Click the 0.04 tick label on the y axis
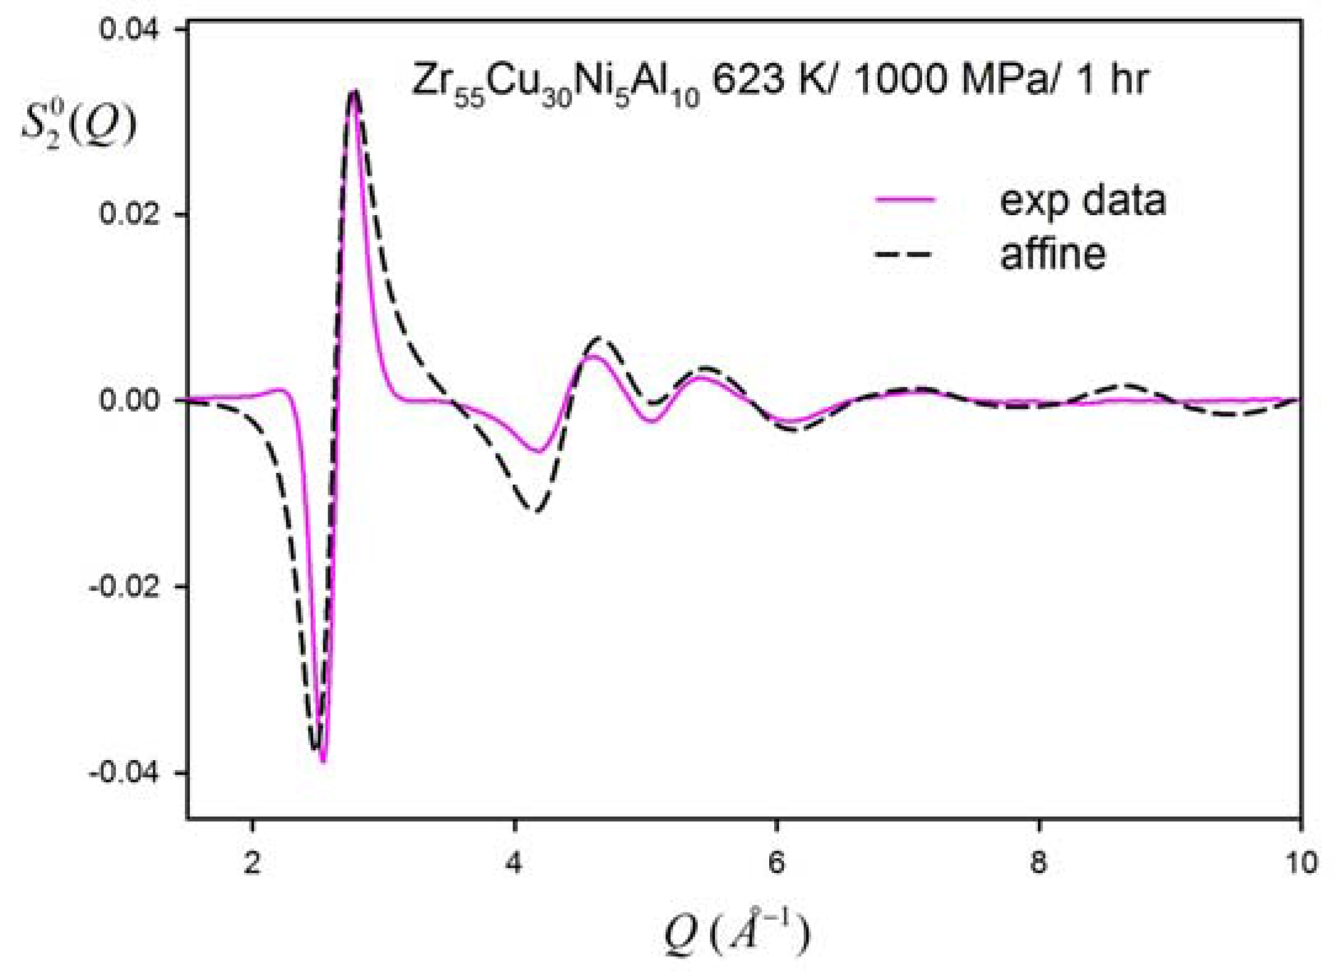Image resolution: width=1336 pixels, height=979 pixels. [129, 29]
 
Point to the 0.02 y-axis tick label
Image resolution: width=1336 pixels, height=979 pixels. [129, 215]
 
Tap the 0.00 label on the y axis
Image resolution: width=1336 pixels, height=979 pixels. [129, 400]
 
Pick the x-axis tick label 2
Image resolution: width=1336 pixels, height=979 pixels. [252, 862]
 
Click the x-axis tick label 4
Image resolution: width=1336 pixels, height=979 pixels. [514, 862]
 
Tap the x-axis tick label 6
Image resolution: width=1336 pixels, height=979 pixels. [777, 862]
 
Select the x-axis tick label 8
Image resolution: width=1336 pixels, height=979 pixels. [1039, 862]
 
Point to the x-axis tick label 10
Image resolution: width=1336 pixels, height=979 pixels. [1300, 862]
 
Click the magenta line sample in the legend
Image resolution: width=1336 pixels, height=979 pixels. [905, 199]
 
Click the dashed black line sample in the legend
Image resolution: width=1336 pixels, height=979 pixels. [905, 253]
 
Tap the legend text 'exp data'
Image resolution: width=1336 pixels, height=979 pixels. [1082, 201]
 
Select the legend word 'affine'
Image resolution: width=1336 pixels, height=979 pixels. [1052, 253]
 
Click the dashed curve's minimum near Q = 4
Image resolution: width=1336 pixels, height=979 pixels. [538, 511]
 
